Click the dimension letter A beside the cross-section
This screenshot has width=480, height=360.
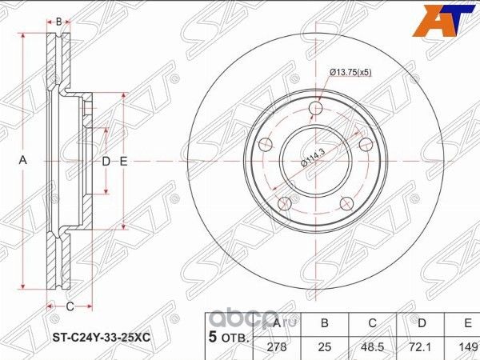(x=23, y=161)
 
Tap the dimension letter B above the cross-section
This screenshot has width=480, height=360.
(x=58, y=22)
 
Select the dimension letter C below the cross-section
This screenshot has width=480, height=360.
(x=70, y=306)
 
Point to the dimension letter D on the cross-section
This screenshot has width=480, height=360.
(x=106, y=162)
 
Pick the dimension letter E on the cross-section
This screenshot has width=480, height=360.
(x=124, y=162)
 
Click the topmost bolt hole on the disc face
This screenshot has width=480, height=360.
(x=316, y=109)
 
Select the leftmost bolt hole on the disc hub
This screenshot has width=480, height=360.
(x=266, y=145)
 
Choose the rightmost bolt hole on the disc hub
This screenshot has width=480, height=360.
(x=366, y=144)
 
